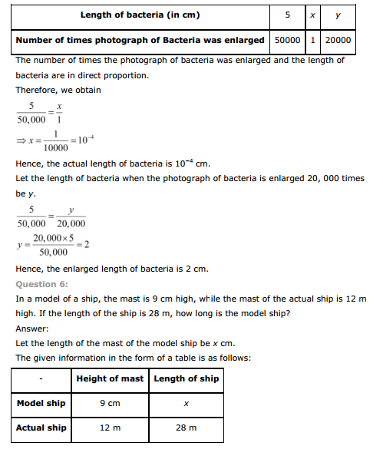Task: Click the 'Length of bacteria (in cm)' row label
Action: (x=140, y=15)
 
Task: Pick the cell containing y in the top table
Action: (x=338, y=15)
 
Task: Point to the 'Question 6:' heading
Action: (x=42, y=283)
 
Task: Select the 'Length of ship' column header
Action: (x=187, y=378)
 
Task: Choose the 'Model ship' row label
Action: (x=41, y=403)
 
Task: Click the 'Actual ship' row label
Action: (x=41, y=428)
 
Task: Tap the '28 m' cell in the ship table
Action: (x=187, y=428)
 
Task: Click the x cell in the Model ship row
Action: (x=187, y=403)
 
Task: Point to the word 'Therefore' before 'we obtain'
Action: (x=36, y=89)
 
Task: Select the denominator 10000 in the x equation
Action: (x=56, y=148)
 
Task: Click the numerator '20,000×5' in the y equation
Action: (x=53, y=239)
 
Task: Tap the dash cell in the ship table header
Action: (x=41, y=378)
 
